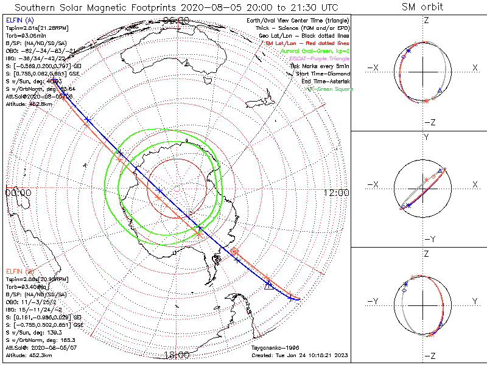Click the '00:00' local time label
[x=18, y=192]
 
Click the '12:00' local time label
[x=337, y=192]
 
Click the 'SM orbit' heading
[x=422, y=7]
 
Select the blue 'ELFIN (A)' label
[x=19, y=20]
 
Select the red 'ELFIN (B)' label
[x=19, y=270]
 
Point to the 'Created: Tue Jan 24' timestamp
[x=299, y=355]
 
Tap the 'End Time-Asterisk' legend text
[x=324, y=81]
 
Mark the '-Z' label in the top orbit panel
[x=429, y=122]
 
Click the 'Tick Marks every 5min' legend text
[x=321, y=66]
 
